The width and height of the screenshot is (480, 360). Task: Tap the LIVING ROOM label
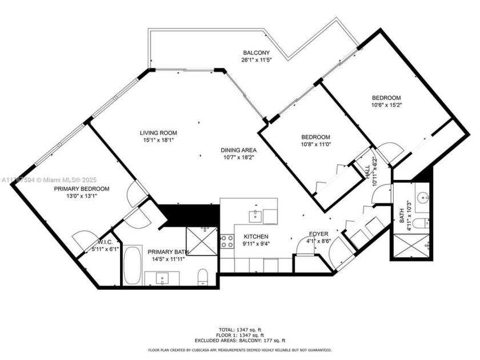(159, 133)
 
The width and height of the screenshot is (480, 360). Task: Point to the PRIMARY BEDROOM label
(82, 189)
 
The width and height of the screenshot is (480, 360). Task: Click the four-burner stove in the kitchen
(227, 241)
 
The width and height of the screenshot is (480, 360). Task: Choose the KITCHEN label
(255, 237)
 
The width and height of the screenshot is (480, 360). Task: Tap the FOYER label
(318, 234)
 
